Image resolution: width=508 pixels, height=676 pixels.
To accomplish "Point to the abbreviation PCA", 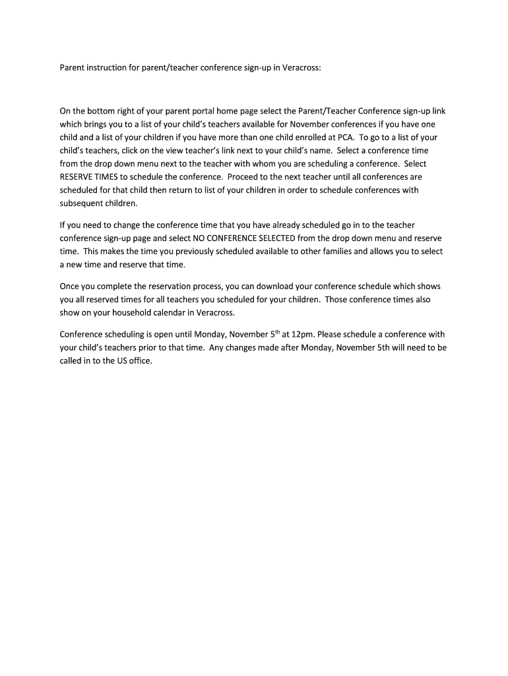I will pos(346,137).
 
